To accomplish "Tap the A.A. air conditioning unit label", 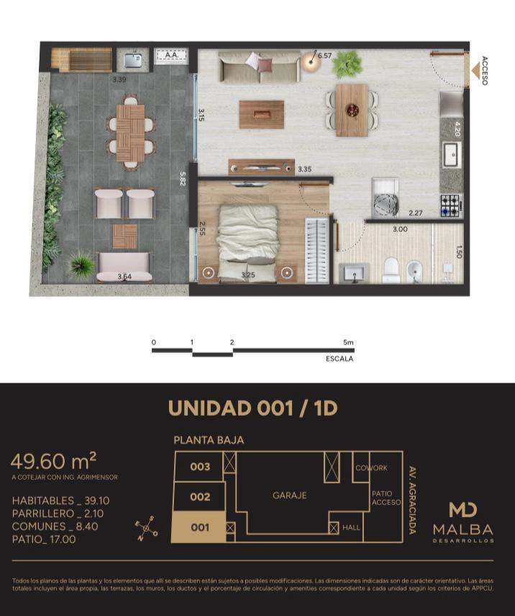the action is click(171, 55).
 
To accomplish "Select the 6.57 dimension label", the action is click(325, 55).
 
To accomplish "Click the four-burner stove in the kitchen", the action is click(452, 205).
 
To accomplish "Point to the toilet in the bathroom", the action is click(391, 270).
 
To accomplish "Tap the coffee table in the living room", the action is click(262, 115).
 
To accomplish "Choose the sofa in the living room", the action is click(259, 66).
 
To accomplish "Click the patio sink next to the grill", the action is click(132, 60).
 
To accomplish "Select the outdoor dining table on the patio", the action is click(131, 133).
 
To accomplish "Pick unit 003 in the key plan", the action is click(200, 467).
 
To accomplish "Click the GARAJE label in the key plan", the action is click(289, 496).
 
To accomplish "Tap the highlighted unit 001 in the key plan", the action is click(199, 527).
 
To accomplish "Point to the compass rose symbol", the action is click(146, 529).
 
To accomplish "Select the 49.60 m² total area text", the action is click(54, 461).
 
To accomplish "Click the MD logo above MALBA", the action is click(462, 510).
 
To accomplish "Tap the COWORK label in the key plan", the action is click(371, 468).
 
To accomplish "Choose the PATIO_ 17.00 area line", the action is click(44, 540).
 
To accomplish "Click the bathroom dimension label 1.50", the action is click(458, 252).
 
